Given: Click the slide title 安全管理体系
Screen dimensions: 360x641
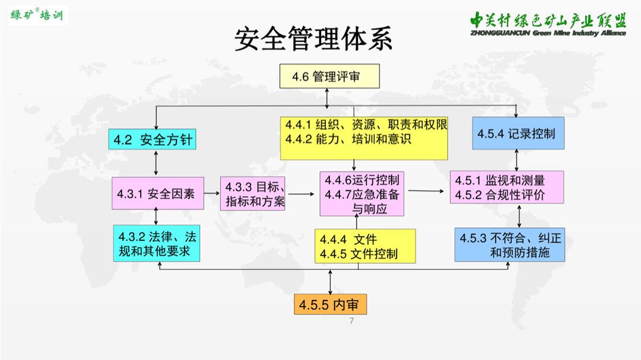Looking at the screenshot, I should coord(313,39).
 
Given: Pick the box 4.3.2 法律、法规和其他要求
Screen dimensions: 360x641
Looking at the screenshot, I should coord(157,244).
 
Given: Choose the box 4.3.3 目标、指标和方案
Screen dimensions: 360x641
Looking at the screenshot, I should coord(255,194).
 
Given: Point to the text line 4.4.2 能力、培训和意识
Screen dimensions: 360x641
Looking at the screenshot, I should coord(348,140).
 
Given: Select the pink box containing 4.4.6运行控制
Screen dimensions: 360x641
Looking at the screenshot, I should coord(361,194).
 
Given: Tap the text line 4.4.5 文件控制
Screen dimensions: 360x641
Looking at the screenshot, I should coord(358,254).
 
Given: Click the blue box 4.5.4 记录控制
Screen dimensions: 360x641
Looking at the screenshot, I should coord(518,133).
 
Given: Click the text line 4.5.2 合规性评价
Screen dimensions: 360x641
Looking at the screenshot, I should coord(499,195).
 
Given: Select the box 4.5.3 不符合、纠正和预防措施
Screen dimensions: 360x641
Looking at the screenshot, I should coord(510,245).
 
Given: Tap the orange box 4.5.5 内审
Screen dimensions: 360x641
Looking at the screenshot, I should coord(329,305).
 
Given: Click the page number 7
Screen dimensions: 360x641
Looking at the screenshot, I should coord(351,321).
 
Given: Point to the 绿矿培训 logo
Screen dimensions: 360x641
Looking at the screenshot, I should coord(37,15).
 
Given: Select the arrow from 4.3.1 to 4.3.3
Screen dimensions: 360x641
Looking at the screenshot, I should coord(212,193).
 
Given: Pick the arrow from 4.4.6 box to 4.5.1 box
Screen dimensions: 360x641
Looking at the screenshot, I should coord(427,191).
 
